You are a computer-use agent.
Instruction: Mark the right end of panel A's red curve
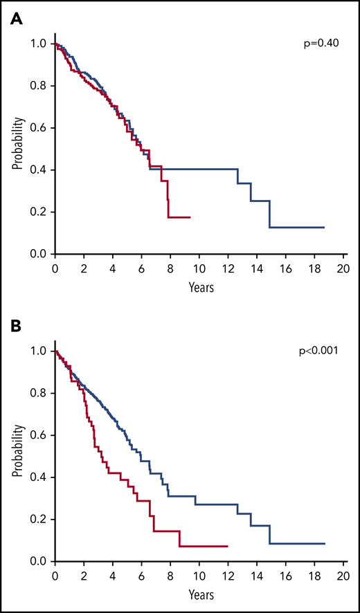[190, 217]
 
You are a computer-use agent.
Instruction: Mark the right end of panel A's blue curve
[324, 228]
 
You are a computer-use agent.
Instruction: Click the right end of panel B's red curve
[228, 547]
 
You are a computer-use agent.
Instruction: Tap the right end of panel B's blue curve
[324, 544]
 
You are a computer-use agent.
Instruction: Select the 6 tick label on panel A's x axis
[142, 268]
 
